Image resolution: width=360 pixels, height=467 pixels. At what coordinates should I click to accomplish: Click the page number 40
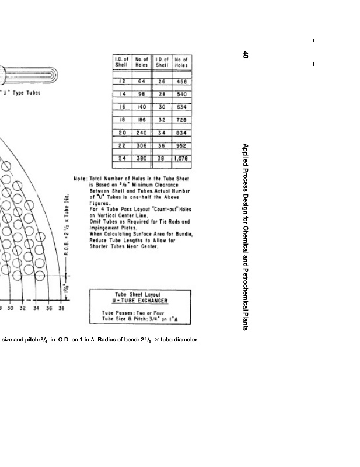point(246,54)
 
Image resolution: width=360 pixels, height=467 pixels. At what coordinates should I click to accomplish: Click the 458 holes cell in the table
point(181,82)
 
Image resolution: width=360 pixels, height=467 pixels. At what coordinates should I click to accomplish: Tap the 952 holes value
point(181,145)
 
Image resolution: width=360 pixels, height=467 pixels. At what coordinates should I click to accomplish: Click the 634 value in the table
point(181,107)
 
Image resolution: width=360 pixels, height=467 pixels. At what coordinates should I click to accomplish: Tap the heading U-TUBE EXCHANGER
point(139,301)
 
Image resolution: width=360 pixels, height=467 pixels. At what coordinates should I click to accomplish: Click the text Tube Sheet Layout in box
point(139,294)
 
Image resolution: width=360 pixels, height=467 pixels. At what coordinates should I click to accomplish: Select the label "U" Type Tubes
point(22,93)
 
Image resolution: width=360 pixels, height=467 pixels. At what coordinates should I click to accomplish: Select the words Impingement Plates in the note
point(114,228)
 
